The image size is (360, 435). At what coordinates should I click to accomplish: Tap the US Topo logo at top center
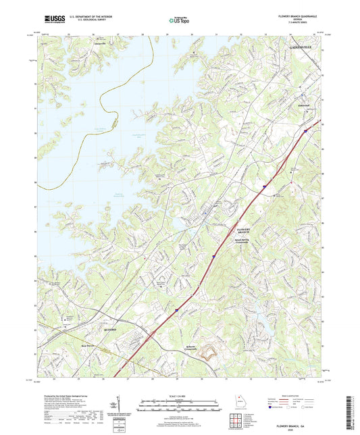(x=180, y=21)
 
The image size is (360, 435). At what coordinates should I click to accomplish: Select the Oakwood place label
(x=288, y=105)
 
